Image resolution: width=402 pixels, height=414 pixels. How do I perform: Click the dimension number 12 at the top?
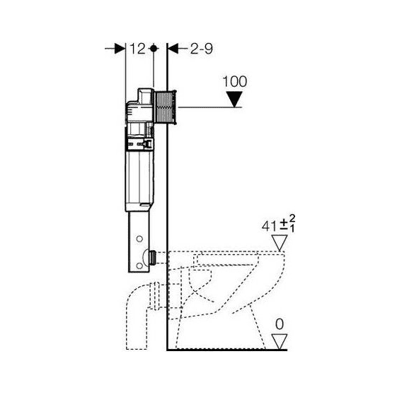pyautogui.click(x=137, y=49)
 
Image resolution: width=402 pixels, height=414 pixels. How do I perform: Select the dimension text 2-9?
pyautogui.click(x=202, y=49)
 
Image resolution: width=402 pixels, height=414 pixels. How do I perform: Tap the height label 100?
pyautogui.click(x=234, y=81)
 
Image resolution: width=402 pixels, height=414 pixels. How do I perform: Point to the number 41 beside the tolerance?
pyautogui.click(x=269, y=226)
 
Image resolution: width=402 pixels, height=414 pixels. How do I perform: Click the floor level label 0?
pyautogui.click(x=280, y=324)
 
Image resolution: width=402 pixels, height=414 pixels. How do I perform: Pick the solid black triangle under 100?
pyautogui.click(x=234, y=100)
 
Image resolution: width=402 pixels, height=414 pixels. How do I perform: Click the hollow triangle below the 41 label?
pyautogui.click(x=280, y=243)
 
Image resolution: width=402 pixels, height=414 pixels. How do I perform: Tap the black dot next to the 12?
pyautogui.click(x=154, y=49)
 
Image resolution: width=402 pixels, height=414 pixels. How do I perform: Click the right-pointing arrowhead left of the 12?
pyautogui.click(x=120, y=49)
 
